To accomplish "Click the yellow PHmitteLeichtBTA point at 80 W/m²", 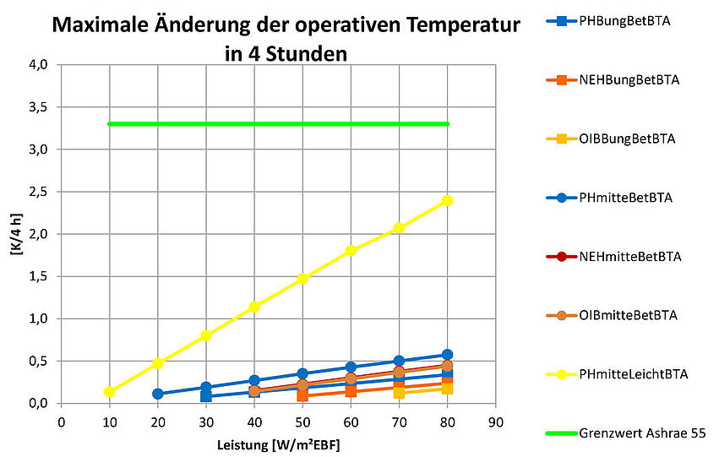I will (x=447, y=200).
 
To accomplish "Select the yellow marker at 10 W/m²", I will (x=109, y=392).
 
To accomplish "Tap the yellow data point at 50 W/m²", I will (x=302, y=279).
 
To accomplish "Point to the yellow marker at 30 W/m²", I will (x=205, y=335).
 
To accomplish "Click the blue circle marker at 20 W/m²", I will (x=158, y=394).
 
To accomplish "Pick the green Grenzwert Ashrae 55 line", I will (x=279, y=124).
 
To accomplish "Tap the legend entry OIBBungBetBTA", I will (x=627, y=139).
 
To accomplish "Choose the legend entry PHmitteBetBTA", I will (x=625, y=198).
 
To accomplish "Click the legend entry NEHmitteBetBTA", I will (x=629, y=256).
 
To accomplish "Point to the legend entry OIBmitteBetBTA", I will (x=629, y=315).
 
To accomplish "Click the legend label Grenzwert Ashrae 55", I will (x=642, y=433).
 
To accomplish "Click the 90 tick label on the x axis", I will (x=496, y=420).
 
